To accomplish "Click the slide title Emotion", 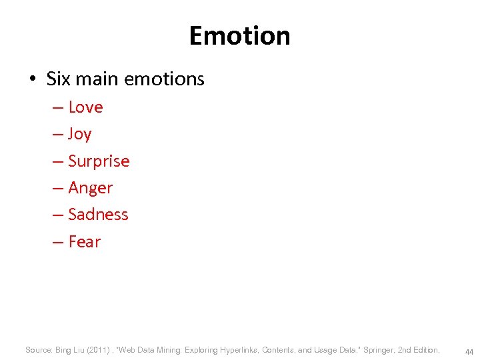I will tap(239, 35).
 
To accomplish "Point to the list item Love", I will tap(85, 107).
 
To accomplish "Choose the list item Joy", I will tap(79, 134).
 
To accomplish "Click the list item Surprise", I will tap(99, 161).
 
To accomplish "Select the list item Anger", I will tap(91, 188).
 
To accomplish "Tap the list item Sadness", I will tap(98, 215).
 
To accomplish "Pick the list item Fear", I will tap(84, 242).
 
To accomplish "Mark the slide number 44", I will tap(469, 351).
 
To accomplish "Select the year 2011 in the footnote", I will tap(97, 349).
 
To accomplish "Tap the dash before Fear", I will tap(59, 242).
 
